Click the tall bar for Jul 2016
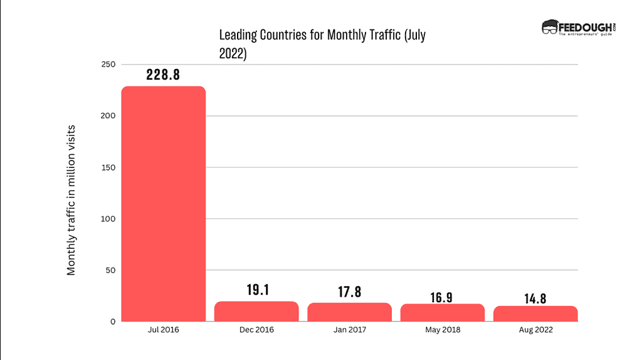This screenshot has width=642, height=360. [163, 204]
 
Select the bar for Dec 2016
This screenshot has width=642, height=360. [256, 312]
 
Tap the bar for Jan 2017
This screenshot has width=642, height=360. [349, 312]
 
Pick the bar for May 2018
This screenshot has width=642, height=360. [442, 313]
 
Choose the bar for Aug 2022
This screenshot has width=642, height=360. [535, 314]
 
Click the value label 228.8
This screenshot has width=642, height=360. [163, 75]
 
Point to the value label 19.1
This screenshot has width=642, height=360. [256, 290]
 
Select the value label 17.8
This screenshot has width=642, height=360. [349, 292]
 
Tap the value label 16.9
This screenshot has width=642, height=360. [442, 297]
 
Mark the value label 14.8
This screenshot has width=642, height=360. [535, 298]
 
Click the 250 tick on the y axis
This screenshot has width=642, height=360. [107, 65]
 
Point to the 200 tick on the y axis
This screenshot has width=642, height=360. [107, 116]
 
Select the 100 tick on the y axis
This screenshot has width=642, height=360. [107, 219]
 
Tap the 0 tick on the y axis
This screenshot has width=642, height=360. [113, 322]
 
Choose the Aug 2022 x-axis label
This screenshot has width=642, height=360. [535, 330]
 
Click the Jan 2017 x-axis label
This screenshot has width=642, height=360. [349, 330]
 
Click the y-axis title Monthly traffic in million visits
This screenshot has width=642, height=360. [71, 199]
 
